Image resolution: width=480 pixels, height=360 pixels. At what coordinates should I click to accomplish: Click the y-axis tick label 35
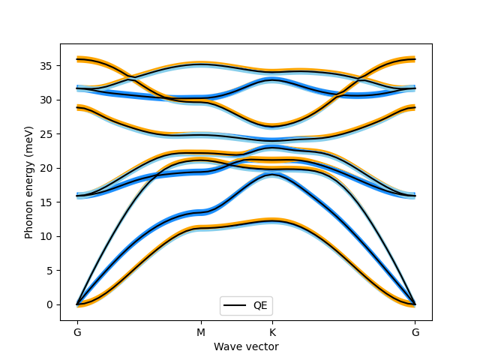[x=49, y=66]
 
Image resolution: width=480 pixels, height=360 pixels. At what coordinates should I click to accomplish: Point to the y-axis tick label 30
[x=49, y=100]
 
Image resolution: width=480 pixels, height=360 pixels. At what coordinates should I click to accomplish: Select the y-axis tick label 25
[x=49, y=134]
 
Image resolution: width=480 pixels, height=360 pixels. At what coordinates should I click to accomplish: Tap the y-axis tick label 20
[x=49, y=168]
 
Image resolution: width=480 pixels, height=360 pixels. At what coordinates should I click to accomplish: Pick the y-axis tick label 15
[x=49, y=202]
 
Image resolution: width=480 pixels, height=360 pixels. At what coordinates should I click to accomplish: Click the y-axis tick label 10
[x=49, y=236]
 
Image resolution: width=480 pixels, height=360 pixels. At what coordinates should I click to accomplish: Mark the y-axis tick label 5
[x=52, y=271]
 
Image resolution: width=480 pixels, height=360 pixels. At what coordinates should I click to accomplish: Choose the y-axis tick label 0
[x=52, y=304]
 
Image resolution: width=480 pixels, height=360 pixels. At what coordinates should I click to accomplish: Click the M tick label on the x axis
[x=201, y=332]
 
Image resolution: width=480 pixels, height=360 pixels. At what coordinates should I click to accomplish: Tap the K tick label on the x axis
[x=272, y=332]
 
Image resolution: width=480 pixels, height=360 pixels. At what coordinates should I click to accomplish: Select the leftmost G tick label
[x=76, y=332]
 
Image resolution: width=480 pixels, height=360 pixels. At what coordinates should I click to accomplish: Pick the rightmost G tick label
[x=415, y=332]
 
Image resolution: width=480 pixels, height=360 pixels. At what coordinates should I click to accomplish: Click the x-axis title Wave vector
[x=246, y=346]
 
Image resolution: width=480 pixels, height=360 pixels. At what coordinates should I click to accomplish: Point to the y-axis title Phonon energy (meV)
[x=29, y=182]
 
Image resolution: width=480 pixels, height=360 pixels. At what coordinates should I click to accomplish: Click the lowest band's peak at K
[x=272, y=220]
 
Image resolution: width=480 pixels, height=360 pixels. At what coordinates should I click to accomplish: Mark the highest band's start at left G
[x=77, y=58]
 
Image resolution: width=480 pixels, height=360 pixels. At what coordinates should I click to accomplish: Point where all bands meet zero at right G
[x=415, y=304]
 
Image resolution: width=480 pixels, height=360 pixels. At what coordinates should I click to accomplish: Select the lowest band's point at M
[x=201, y=226]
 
